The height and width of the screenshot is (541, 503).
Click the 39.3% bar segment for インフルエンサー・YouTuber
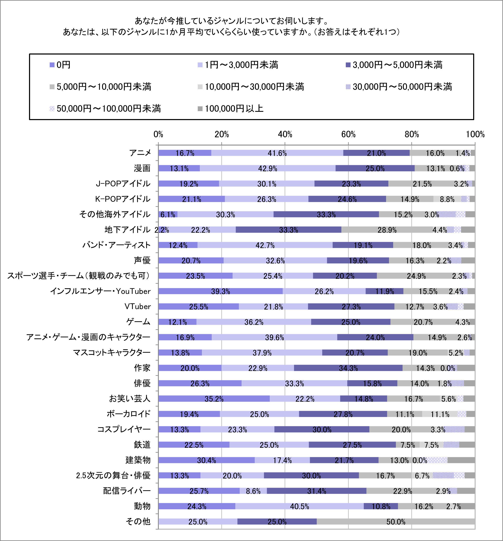(x=220, y=291)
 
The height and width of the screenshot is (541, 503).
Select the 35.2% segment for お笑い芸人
(x=214, y=399)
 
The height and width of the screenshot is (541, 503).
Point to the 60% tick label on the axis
(x=348, y=135)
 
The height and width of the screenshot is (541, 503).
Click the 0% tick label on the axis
(x=158, y=135)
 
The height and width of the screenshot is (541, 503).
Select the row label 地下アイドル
(x=128, y=230)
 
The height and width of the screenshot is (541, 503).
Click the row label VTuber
(x=138, y=306)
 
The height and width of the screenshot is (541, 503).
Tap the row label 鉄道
(x=142, y=445)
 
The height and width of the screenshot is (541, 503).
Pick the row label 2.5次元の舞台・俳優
(x=113, y=475)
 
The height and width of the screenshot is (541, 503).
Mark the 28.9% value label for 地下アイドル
(x=387, y=230)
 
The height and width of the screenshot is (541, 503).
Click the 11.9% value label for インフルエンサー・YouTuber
(x=385, y=291)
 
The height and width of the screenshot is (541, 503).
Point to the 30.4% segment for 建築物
(x=207, y=460)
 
